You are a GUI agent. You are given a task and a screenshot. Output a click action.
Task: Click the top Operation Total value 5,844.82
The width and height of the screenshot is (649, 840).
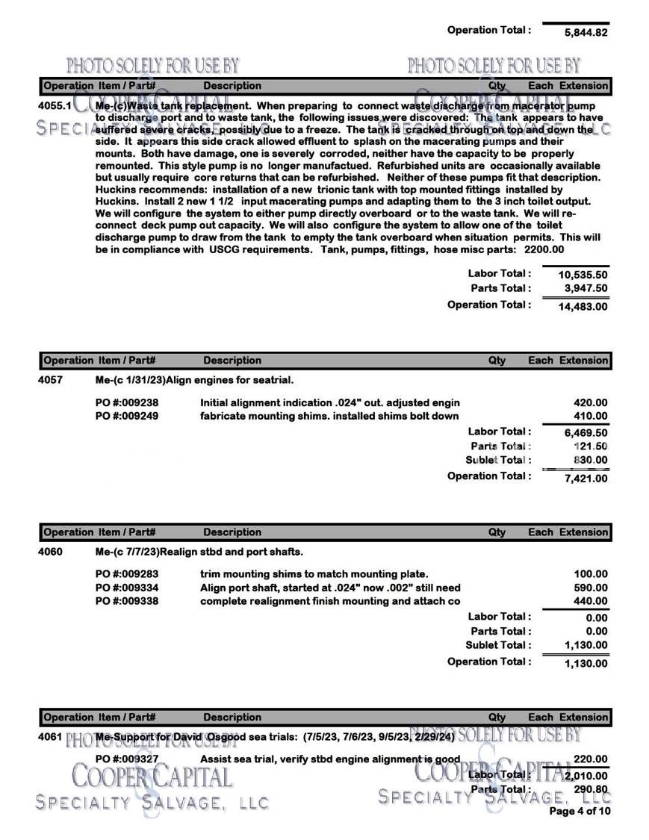point(586,33)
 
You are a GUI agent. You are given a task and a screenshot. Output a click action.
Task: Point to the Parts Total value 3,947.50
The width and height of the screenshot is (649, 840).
point(586,289)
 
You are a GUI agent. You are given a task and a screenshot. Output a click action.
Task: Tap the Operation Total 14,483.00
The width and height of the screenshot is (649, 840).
point(583,306)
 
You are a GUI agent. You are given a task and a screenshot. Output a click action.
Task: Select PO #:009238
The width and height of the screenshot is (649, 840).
point(127,403)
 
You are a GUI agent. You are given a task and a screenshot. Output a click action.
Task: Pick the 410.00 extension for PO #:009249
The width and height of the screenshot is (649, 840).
point(590,417)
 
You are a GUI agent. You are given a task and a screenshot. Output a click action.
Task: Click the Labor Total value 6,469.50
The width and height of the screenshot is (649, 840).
point(586,432)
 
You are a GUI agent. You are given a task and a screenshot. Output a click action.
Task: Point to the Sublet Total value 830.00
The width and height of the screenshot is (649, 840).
point(590,460)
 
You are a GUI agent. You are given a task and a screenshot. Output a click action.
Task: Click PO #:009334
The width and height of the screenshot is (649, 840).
point(127,588)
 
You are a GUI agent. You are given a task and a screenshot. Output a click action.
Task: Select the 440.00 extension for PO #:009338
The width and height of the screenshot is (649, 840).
point(590,602)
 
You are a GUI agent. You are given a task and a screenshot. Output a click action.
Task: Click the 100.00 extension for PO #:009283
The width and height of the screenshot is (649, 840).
point(590,574)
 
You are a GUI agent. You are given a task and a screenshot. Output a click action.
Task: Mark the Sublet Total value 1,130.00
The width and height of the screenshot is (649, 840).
point(586,645)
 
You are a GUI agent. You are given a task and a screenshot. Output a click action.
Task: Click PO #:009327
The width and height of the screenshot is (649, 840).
point(127,759)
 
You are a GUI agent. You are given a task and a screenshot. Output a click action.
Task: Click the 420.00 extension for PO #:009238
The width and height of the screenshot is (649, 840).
point(590,403)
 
